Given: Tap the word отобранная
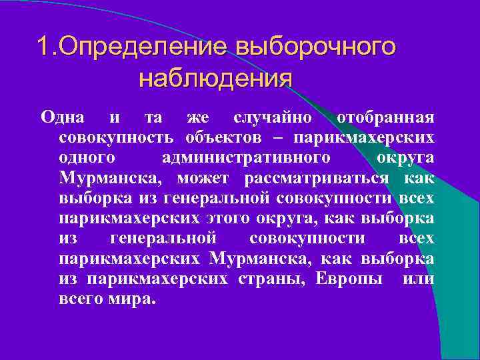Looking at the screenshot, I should (385, 117).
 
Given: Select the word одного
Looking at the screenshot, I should (87, 158).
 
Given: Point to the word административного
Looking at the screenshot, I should (246, 158).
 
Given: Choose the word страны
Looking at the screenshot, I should (271, 278).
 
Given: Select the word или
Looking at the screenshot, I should (419, 278).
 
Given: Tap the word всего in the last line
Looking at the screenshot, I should (80, 299).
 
